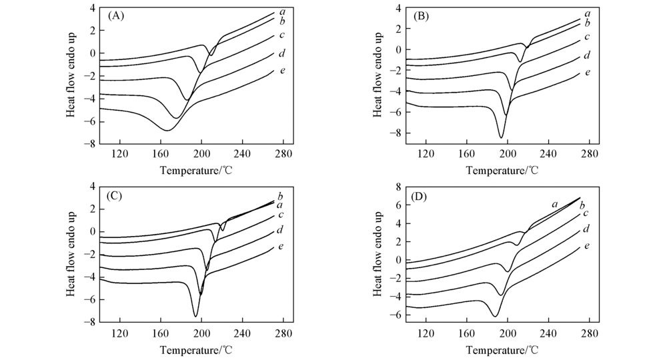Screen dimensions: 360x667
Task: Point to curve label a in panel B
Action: [x=587, y=13]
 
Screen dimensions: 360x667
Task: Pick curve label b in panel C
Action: [x=281, y=195]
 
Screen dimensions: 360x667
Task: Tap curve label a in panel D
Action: [x=554, y=204]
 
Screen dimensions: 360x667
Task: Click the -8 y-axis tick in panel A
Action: [x=88, y=143]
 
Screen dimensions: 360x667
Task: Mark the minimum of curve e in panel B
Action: [x=501, y=137]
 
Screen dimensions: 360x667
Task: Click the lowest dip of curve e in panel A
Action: [x=167, y=129]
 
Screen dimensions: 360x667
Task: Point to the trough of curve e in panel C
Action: [x=196, y=316]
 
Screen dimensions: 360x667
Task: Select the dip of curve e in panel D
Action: [x=495, y=316]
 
